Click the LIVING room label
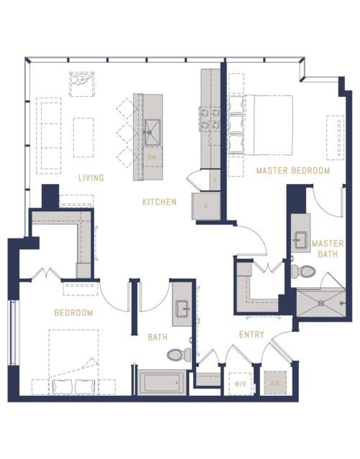coord(91,177)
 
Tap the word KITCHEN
coord(160,202)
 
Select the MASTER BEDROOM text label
coord(293,170)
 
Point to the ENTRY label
coord(251,334)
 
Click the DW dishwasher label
coord(152,157)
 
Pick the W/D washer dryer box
coord(240,384)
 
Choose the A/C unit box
coord(275,383)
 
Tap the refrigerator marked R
coord(206,206)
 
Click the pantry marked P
coord(215,180)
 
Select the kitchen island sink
coord(152,132)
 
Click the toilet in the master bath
coord(303,272)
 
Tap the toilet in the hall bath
coord(179,355)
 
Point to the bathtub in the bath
coord(162,383)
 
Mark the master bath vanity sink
coord(300,241)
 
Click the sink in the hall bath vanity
coord(183,309)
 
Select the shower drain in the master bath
coord(321,303)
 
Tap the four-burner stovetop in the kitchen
coord(210,119)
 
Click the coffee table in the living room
coord(83,137)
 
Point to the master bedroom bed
coord(260,125)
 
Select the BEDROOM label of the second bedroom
coord(73,312)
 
